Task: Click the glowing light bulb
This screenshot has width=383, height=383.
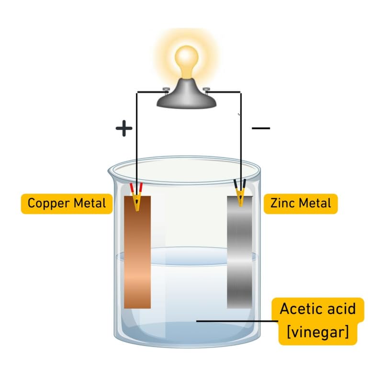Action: pos(188,60)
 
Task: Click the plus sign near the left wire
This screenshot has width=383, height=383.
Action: pos(124,128)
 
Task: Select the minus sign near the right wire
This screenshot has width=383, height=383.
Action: pos(260,128)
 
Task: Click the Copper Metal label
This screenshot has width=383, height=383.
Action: pos(67,203)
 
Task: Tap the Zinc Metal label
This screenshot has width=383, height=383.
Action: pos(300,203)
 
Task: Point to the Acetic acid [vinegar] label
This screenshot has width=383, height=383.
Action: pos(318,321)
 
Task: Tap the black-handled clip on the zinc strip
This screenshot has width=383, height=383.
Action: pos(239,194)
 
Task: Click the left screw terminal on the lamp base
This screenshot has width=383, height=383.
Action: pos(165,89)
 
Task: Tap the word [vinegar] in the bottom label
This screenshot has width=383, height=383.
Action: pos(318,332)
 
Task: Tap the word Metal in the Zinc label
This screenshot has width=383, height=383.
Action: pos(315,203)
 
